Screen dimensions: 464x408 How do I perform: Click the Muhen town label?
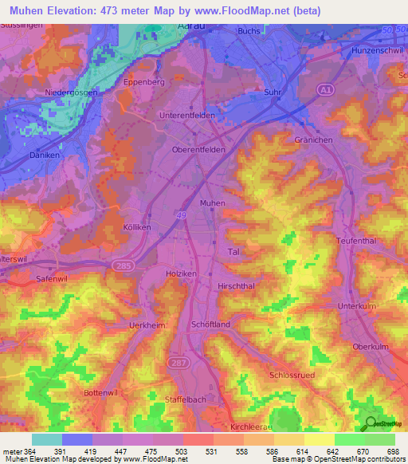click(x=213, y=203)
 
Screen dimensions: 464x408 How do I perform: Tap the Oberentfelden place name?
click(x=199, y=149)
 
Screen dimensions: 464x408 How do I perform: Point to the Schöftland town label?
click(x=211, y=324)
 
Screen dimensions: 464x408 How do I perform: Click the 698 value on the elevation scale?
click(x=393, y=451)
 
